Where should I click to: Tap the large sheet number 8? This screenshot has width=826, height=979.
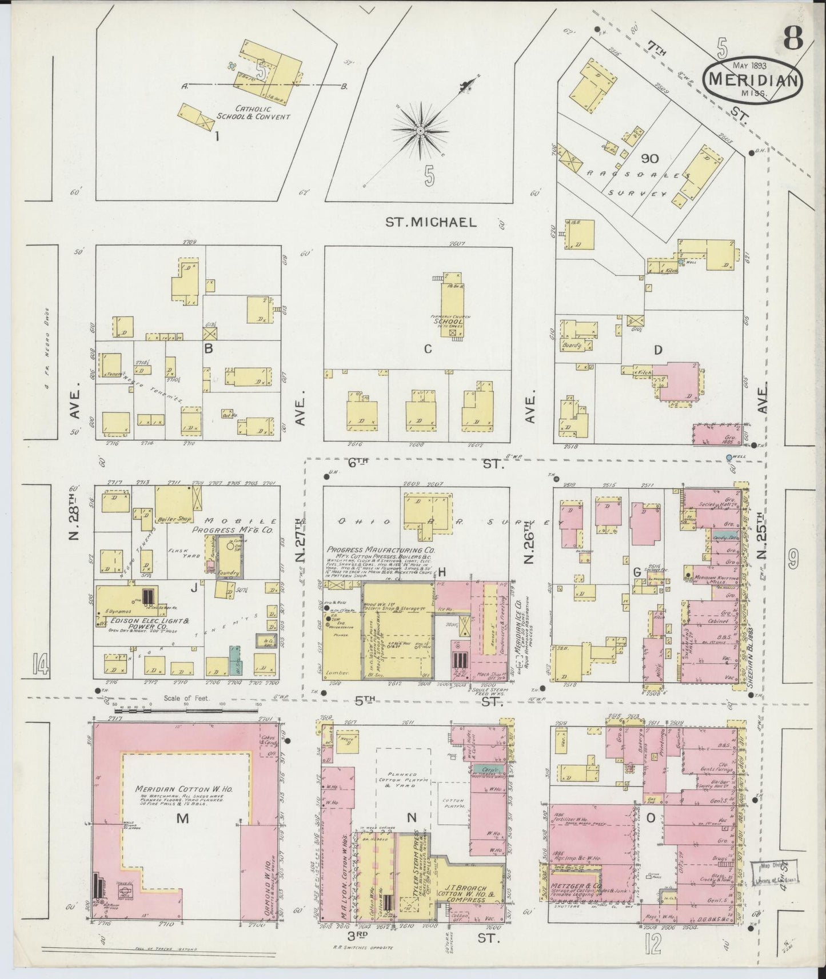tap(793, 39)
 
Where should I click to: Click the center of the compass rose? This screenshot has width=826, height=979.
tap(421, 131)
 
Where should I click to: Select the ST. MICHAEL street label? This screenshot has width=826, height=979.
tap(430, 222)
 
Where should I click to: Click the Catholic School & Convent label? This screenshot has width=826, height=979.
tap(253, 113)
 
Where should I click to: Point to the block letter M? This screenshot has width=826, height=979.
tap(182, 818)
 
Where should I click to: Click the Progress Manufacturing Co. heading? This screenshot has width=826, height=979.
tap(381, 549)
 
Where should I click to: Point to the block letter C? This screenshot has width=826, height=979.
tap(427, 349)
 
